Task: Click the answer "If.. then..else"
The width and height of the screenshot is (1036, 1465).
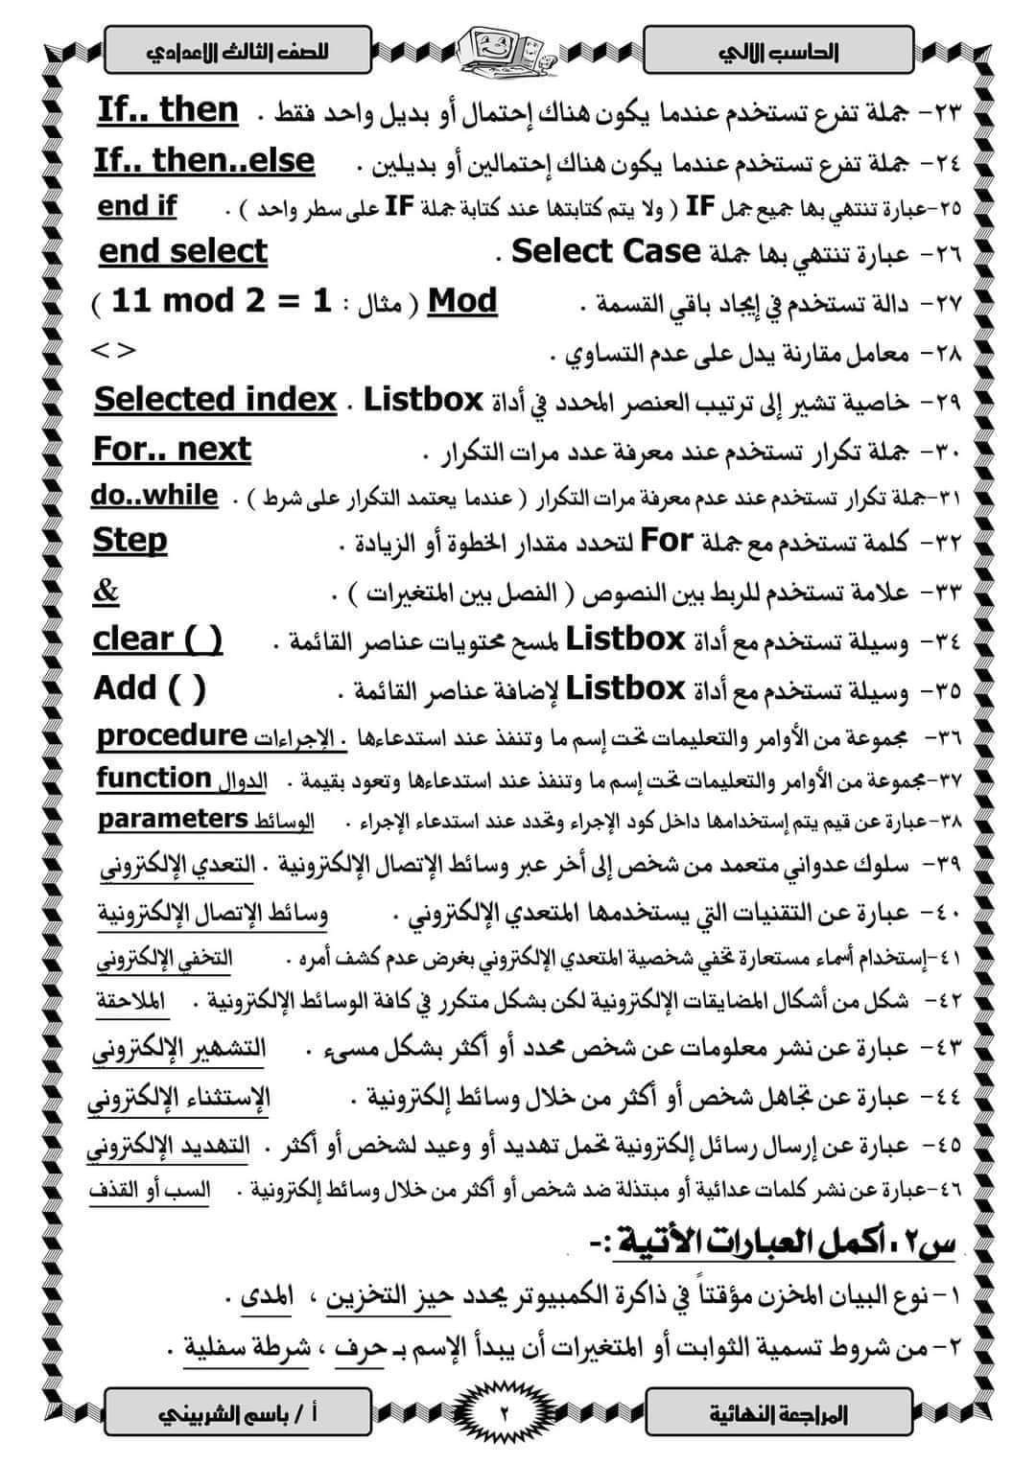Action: coord(204,160)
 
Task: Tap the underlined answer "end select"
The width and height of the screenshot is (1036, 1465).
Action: coord(183,252)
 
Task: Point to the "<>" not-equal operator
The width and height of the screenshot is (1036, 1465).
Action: coord(114,350)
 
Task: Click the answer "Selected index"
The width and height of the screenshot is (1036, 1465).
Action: coord(216,399)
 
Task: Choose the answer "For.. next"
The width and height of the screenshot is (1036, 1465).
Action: coord(173,449)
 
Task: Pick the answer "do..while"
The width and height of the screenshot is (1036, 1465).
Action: coord(154,496)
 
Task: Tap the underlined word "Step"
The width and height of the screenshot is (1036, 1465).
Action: coord(129,541)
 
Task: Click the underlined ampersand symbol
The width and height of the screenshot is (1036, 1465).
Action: coord(106,591)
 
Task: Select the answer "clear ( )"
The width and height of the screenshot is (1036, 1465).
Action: coord(158,639)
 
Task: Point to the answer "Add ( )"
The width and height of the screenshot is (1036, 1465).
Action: coord(150,687)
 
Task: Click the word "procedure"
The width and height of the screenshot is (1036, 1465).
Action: coord(173,735)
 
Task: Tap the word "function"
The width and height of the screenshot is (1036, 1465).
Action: coord(153,778)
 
